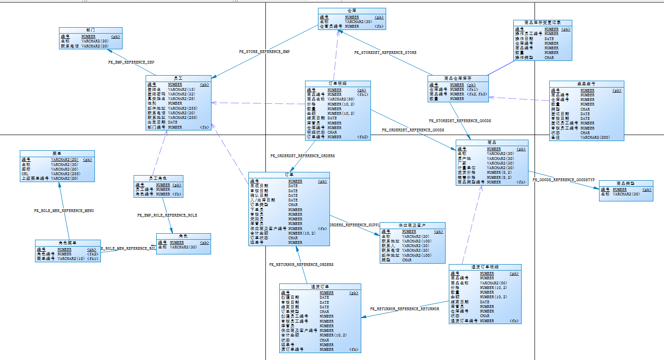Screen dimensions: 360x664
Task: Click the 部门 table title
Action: click(x=91, y=30)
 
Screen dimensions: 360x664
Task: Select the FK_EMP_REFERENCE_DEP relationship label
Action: click(x=131, y=62)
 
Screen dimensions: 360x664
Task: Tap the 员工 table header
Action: click(x=178, y=78)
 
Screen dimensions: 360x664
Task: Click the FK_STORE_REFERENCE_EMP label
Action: click(x=264, y=52)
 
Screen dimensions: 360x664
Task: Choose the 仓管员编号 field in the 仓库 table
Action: click(x=331, y=27)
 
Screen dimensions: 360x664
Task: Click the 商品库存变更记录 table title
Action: click(x=542, y=22)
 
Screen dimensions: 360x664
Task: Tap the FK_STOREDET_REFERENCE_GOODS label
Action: click(x=460, y=121)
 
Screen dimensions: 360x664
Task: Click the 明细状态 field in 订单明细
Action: click(x=316, y=132)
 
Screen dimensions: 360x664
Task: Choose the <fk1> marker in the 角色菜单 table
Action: click(x=92, y=259)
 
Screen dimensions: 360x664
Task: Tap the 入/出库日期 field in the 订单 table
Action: click(x=262, y=201)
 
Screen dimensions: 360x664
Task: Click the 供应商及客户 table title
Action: click(x=412, y=225)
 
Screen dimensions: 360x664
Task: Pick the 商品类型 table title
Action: click(x=626, y=183)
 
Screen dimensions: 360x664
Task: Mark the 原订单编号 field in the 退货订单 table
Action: click(x=292, y=349)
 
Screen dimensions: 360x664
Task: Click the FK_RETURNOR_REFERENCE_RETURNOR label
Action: click(x=405, y=309)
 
